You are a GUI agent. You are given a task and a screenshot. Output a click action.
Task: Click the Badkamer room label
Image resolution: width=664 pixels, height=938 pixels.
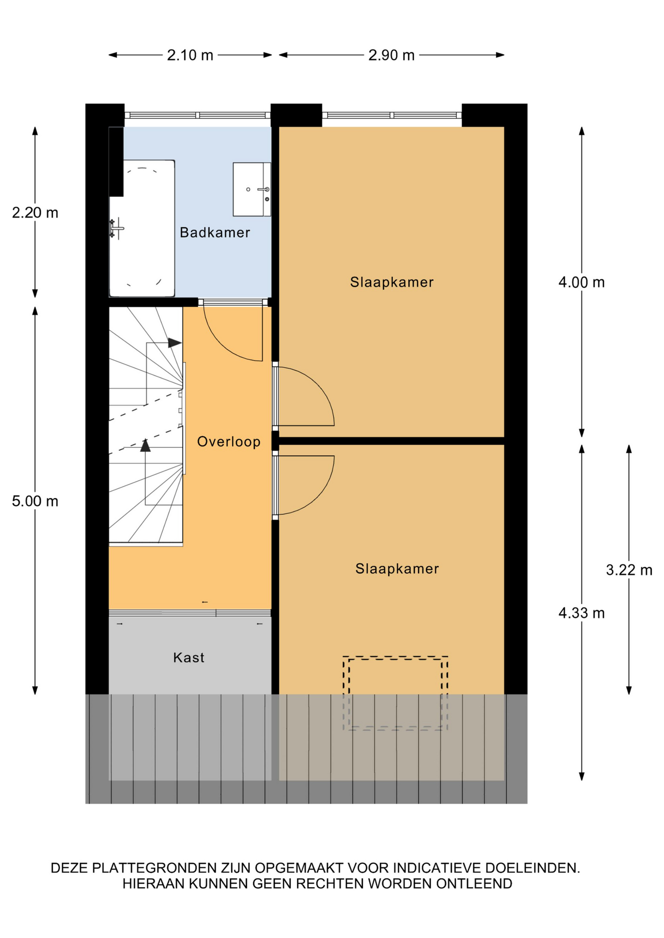[x=215, y=233]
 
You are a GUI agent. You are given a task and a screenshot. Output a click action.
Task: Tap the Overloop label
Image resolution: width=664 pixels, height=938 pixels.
[x=228, y=442]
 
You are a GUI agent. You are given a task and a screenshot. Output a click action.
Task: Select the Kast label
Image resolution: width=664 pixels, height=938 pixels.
[x=189, y=658]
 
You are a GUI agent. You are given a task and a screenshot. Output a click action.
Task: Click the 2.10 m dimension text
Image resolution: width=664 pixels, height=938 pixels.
[x=190, y=55]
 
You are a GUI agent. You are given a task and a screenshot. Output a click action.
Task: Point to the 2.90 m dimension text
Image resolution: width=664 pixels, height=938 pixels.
[x=391, y=55]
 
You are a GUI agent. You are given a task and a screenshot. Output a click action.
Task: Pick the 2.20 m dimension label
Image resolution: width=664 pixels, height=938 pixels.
[x=35, y=213]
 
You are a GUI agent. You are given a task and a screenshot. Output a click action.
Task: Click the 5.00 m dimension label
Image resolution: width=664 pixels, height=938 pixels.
[x=35, y=501]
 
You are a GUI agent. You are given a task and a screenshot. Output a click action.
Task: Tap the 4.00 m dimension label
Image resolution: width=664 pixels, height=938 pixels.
[x=581, y=282]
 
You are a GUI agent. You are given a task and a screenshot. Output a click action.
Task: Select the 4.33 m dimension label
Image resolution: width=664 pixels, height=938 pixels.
[x=581, y=613]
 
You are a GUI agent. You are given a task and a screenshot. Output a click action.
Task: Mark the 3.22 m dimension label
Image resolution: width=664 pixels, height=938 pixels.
[x=629, y=570]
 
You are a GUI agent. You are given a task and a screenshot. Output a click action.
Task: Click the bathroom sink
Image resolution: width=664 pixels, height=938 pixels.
[x=252, y=190]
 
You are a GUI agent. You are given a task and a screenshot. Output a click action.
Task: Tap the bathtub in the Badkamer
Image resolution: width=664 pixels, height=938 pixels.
[x=142, y=228]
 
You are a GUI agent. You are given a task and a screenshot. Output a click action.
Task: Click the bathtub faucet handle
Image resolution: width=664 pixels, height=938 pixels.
[x=115, y=228]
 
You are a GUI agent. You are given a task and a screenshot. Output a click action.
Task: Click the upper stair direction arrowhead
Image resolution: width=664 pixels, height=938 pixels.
[x=175, y=343]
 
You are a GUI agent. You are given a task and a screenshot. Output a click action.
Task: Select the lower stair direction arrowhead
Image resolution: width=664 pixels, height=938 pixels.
[x=145, y=446]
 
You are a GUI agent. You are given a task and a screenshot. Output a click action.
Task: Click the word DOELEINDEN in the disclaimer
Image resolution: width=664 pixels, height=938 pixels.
[x=532, y=868]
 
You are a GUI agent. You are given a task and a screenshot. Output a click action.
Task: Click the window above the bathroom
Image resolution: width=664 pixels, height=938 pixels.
[x=198, y=115]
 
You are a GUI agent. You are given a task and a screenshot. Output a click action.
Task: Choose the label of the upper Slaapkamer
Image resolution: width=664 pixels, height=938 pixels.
[x=392, y=282]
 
